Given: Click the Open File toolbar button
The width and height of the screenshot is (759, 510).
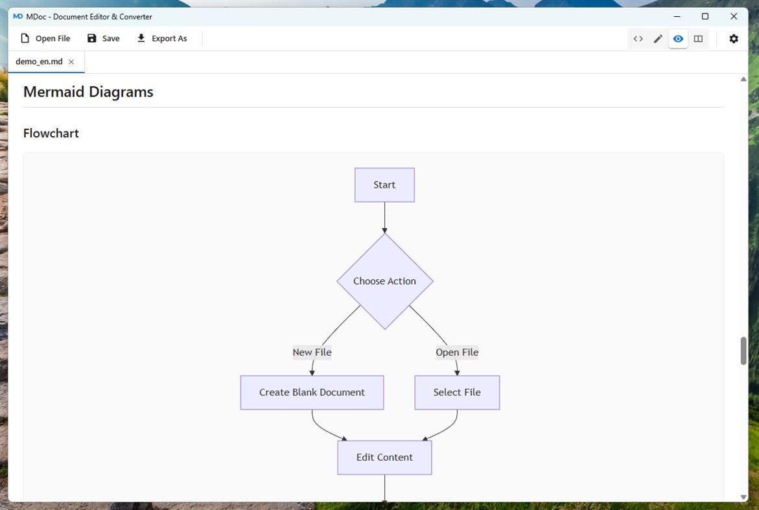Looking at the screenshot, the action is click(45, 38).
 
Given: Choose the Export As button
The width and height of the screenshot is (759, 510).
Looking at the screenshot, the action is click(162, 38).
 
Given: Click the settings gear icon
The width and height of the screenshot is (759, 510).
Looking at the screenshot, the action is click(734, 39).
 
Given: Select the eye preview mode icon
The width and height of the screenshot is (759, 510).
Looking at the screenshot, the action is click(678, 39).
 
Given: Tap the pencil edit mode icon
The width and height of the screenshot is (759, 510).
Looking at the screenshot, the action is click(658, 39).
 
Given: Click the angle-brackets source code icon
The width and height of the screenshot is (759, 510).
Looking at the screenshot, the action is click(638, 39).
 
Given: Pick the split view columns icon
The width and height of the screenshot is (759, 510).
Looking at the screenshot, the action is click(698, 39).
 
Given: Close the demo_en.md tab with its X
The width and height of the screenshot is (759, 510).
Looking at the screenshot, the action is click(71, 62).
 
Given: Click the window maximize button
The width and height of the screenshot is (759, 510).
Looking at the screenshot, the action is click(705, 16).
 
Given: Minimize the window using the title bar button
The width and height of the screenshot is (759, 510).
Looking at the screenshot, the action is click(677, 16).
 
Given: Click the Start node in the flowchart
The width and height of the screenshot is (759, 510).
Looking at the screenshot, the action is click(384, 185).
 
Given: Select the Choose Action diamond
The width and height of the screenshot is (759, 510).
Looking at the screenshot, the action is click(385, 281).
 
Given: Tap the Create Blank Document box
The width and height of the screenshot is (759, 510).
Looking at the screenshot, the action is click(312, 393).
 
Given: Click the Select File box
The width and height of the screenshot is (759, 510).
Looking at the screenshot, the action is click(457, 393).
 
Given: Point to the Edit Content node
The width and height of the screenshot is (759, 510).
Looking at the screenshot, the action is click(384, 458).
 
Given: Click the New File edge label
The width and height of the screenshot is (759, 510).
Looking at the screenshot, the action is click(312, 353).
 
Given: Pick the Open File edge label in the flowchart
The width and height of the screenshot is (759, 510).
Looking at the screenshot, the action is click(457, 353).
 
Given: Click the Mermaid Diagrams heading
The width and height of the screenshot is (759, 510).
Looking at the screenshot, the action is click(88, 92).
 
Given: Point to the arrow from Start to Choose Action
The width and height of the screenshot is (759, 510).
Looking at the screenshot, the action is click(385, 218).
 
